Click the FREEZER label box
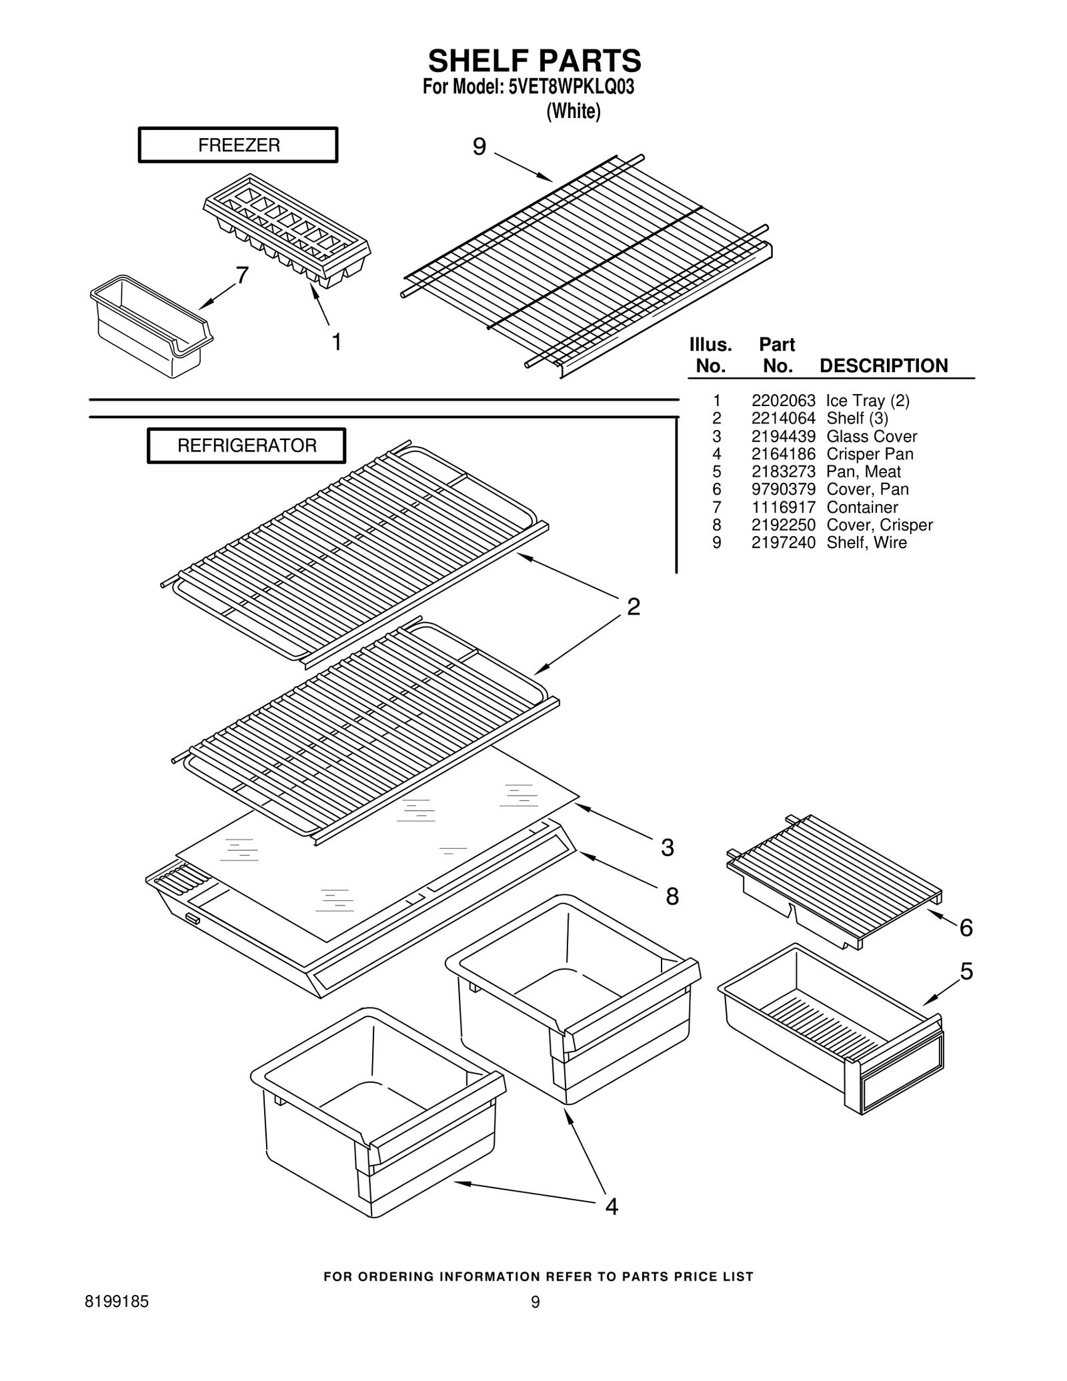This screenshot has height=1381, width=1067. (x=238, y=145)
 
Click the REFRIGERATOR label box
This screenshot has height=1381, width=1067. (x=246, y=445)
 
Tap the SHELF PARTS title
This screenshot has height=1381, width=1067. (x=534, y=61)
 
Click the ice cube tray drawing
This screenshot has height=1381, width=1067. (x=287, y=230)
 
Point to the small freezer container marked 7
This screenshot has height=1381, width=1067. (x=151, y=324)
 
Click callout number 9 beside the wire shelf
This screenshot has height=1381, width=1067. (x=479, y=147)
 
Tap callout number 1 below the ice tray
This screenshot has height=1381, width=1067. (x=337, y=342)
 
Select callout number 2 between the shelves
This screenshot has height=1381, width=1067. (x=633, y=607)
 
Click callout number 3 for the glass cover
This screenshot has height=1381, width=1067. (x=668, y=848)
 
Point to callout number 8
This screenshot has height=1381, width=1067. (x=672, y=897)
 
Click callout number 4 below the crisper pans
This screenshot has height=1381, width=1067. (x=612, y=1206)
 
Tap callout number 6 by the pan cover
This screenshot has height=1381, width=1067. (x=966, y=928)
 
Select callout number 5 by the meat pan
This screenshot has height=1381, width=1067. (x=966, y=972)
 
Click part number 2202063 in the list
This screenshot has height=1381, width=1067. (x=783, y=401)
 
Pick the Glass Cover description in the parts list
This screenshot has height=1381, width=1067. (x=872, y=436)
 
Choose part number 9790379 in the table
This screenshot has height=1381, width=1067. (x=783, y=489)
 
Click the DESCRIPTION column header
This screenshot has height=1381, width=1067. (x=883, y=365)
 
